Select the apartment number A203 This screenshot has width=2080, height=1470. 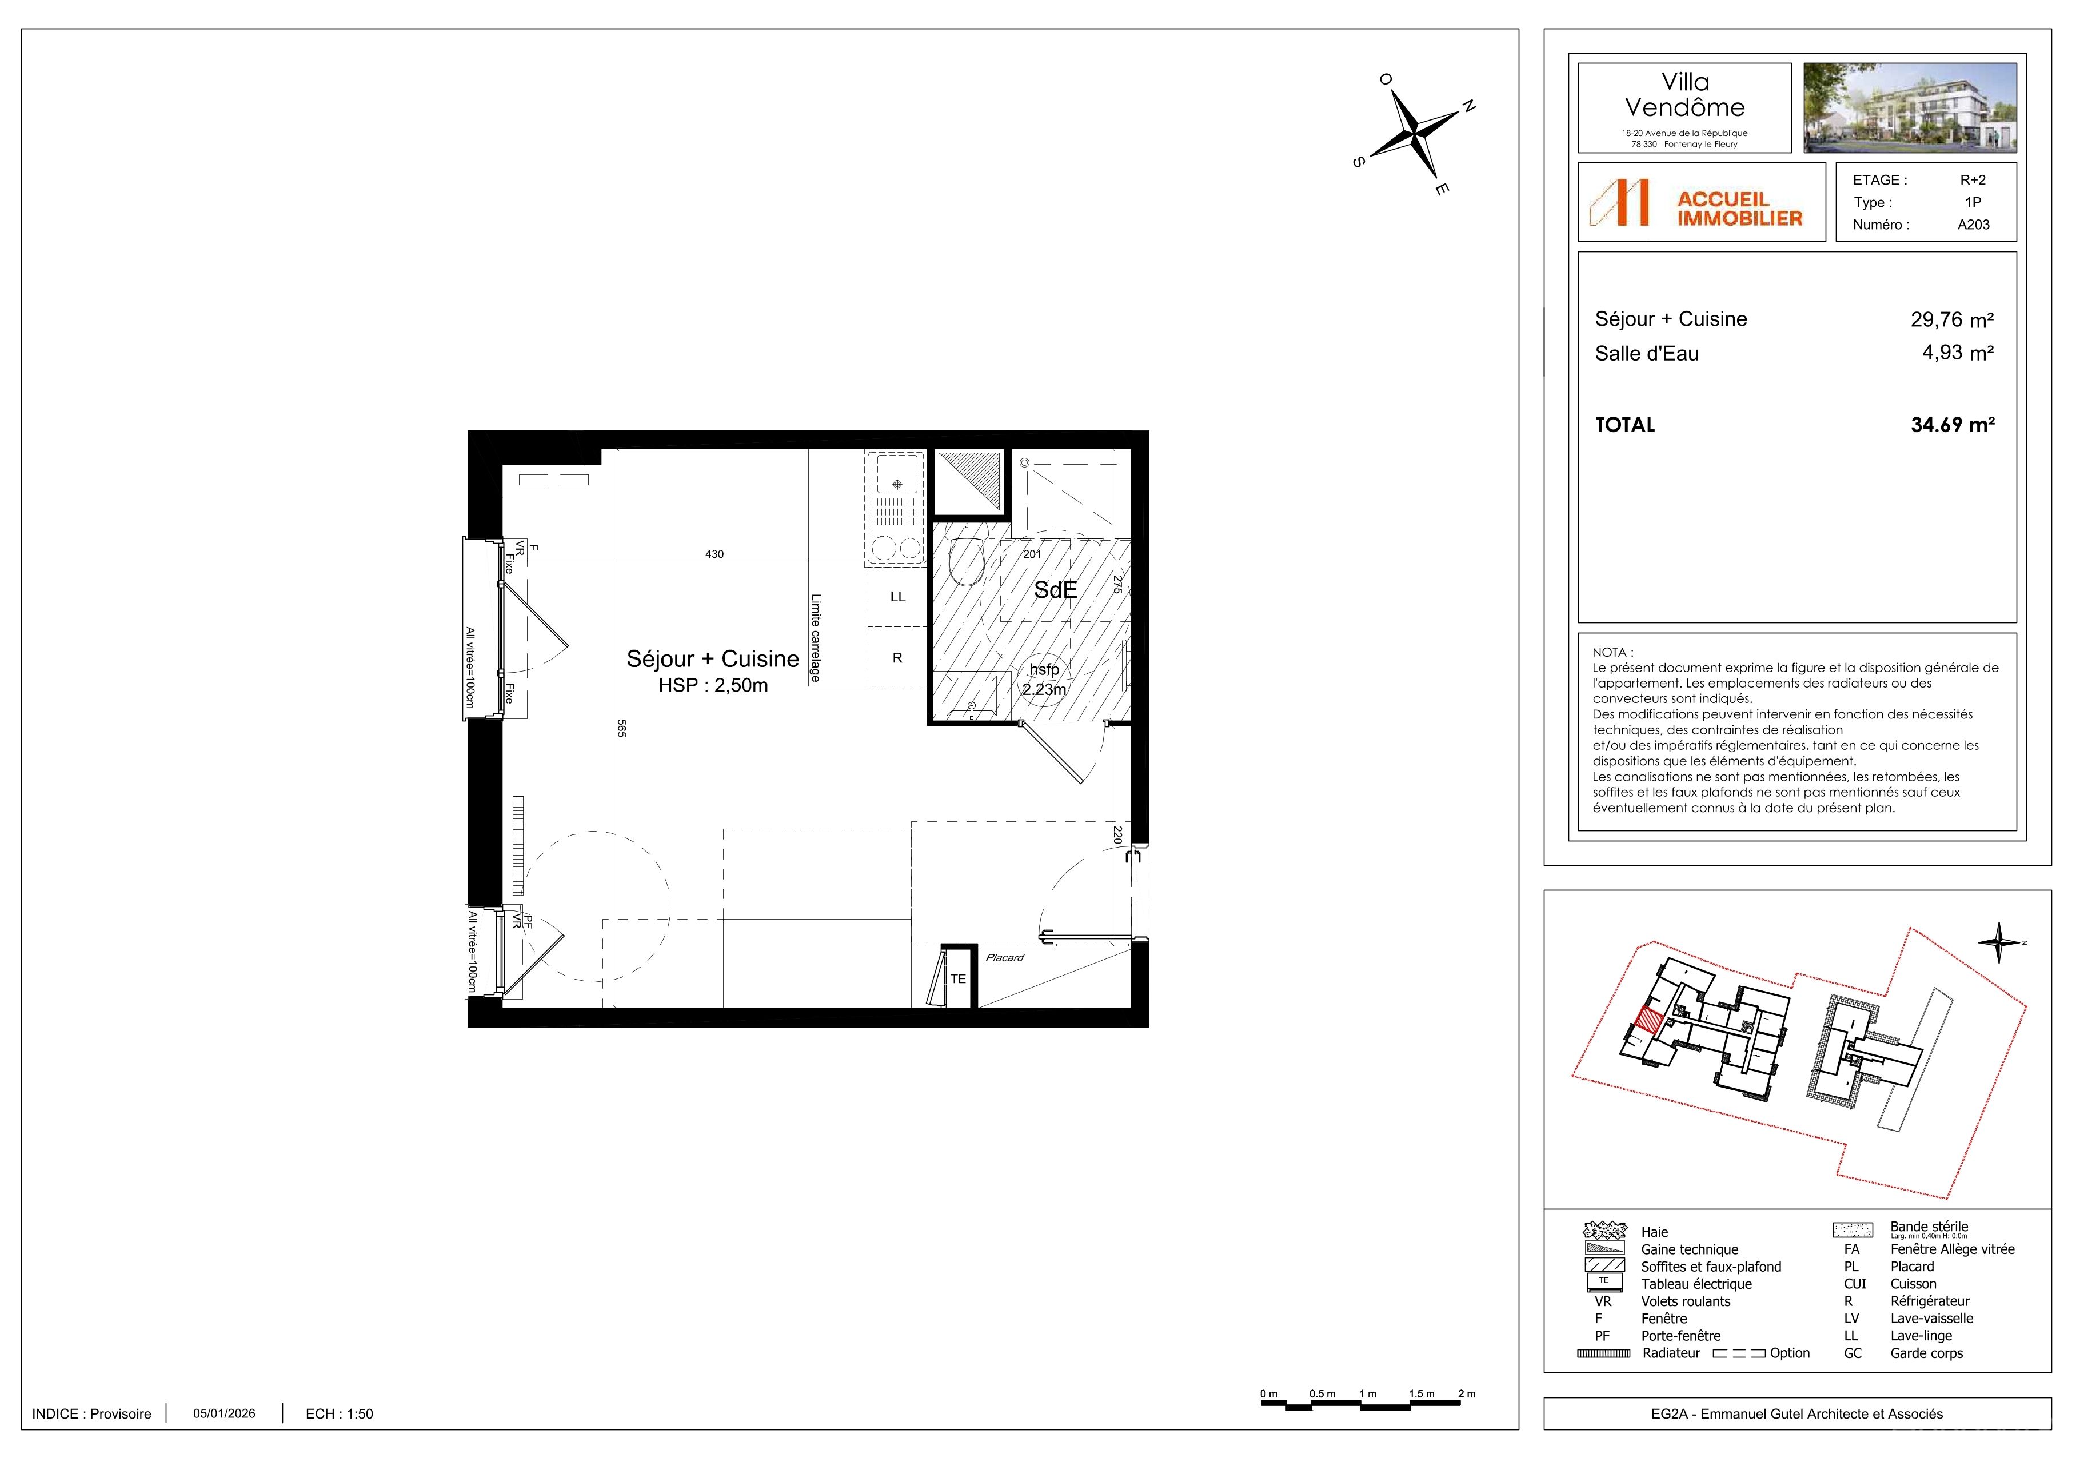[1973, 225]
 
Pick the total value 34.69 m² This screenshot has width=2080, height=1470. [1953, 425]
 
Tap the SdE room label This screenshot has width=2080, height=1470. [1055, 590]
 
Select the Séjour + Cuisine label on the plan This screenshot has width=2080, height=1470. [713, 658]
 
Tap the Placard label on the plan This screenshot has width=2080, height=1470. [1005, 957]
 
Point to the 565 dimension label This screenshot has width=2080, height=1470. [621, 728]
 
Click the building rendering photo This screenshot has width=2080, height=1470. [1910, 108]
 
